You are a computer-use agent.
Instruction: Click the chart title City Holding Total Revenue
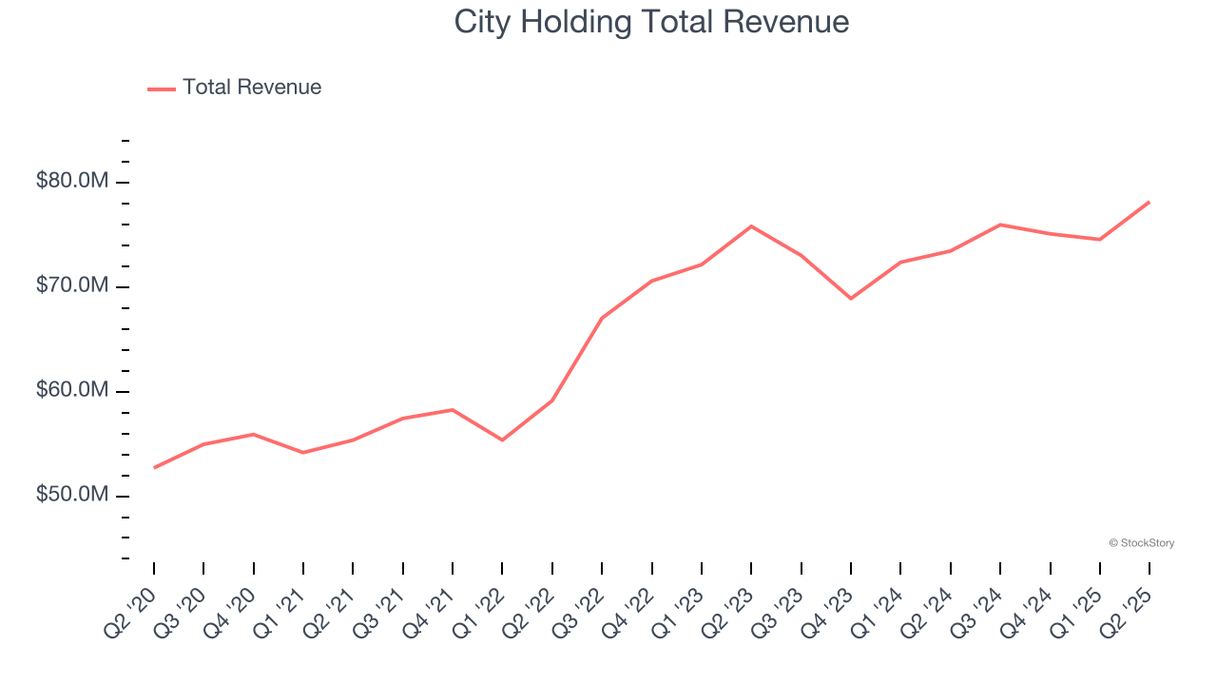(x=651, y=22)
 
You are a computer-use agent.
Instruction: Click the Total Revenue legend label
(x=252, y=88)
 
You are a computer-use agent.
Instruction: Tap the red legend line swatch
(x=162, y=88)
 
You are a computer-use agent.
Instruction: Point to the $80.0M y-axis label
(x=73, y=181)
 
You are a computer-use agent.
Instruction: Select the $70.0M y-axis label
(x=73, y=286)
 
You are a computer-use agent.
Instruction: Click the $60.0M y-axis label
(x=73, y=391)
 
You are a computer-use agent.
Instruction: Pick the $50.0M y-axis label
(x=73, y=496)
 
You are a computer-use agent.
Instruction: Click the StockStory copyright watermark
(x=1141, y=543)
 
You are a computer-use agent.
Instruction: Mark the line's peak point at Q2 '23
(x=751, y=225)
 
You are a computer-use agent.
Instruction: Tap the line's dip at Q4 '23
(x=851, y=299)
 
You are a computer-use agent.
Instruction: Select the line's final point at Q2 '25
(x=1149, y=202)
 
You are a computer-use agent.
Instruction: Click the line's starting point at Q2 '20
(x=154, y=468)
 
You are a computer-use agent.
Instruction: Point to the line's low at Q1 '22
(x=502, y=440)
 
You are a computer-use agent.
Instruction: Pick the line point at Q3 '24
(x=1000, y=225)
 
